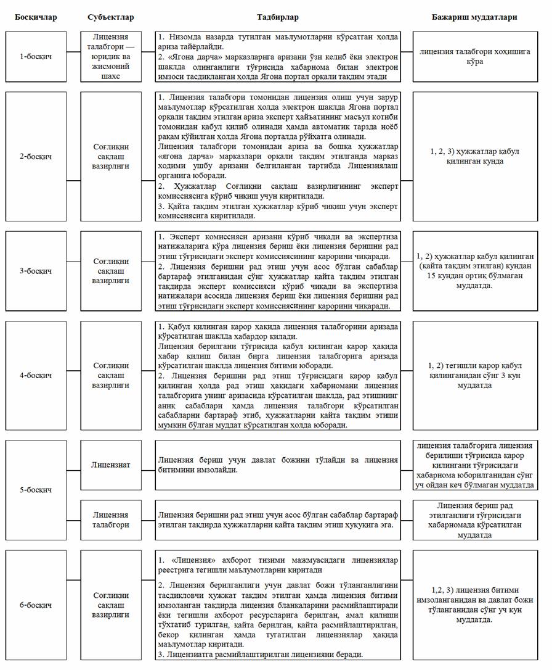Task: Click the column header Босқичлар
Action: tap(35, 17)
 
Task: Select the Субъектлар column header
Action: tap(111, 17)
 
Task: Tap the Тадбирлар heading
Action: tap(277, 17)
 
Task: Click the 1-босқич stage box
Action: tap(35, 57)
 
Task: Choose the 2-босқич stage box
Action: tap(35, 157)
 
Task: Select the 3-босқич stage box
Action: tap(35, 271)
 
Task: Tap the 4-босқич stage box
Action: tap(35, 375)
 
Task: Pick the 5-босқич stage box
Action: tap(35, 490)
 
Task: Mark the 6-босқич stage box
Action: tap(35, 605)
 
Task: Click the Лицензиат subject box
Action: tap(111, 465)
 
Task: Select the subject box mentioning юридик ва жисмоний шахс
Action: tap(111, 57)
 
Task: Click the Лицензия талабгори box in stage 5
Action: tap(111, 519)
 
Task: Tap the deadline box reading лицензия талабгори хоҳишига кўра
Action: tap(475, 57)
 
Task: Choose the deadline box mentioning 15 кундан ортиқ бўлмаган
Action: tap(475, 271)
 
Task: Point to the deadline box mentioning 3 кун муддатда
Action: tap(475, 375)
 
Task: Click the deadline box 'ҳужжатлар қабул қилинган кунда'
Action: tap(475, 157)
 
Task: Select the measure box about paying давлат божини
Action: tap(277, 465)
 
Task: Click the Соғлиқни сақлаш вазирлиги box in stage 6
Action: tap(111, 605)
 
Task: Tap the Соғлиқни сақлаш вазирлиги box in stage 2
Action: tap(111, 157)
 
